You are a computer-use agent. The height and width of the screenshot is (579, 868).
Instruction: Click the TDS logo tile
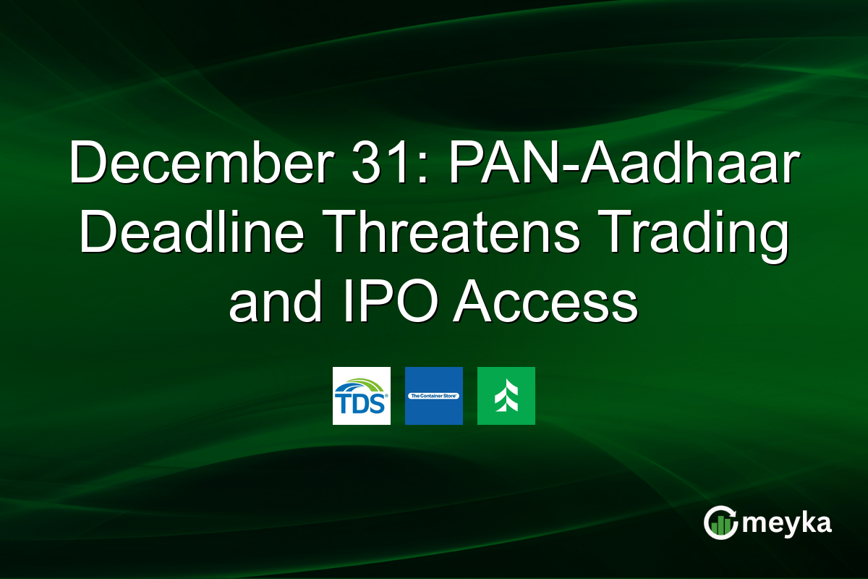click(362, 396)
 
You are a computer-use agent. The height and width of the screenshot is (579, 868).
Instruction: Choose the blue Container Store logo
click(434, 396)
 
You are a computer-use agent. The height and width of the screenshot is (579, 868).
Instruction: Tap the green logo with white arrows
click(506, 396)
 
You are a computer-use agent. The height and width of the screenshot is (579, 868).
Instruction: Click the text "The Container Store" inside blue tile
click(434, 397)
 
